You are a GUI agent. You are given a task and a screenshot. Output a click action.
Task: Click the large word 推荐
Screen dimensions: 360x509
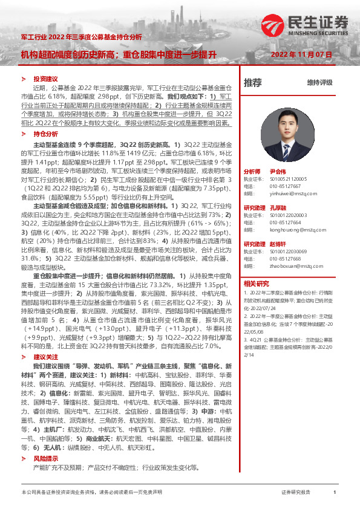(253, 82)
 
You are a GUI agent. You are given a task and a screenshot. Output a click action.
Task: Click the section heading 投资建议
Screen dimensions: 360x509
(45, 79)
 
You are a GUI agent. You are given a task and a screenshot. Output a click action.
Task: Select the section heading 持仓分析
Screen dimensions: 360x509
(45, 133)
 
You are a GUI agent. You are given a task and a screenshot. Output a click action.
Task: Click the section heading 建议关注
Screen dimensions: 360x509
(45, 357)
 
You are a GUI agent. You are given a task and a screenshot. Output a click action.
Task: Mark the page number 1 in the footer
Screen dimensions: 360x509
(335, 493)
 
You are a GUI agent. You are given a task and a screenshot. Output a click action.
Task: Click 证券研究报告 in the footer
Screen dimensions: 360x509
(295, 493)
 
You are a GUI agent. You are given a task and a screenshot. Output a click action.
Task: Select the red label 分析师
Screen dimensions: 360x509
(252, 171)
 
